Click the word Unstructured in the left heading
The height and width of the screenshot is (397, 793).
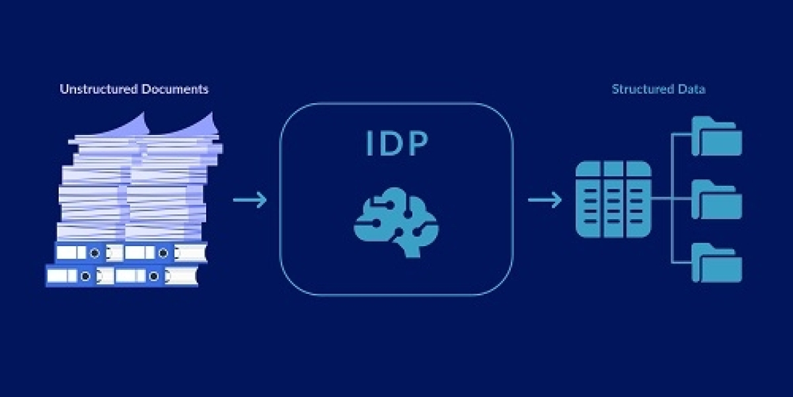(98, 89)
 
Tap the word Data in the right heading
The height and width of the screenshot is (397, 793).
(690, 89)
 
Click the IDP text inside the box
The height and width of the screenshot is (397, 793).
(397, 145)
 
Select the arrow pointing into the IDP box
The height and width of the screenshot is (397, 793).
(250, 199)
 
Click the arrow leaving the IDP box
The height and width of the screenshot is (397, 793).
(545, 199)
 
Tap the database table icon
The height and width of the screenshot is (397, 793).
(613, 198)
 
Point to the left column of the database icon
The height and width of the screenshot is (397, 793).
(589, 198)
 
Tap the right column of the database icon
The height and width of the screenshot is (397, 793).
(638, 198)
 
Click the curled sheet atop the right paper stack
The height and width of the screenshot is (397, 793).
(198, 126)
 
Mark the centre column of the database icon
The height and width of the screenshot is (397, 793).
(613, 198)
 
